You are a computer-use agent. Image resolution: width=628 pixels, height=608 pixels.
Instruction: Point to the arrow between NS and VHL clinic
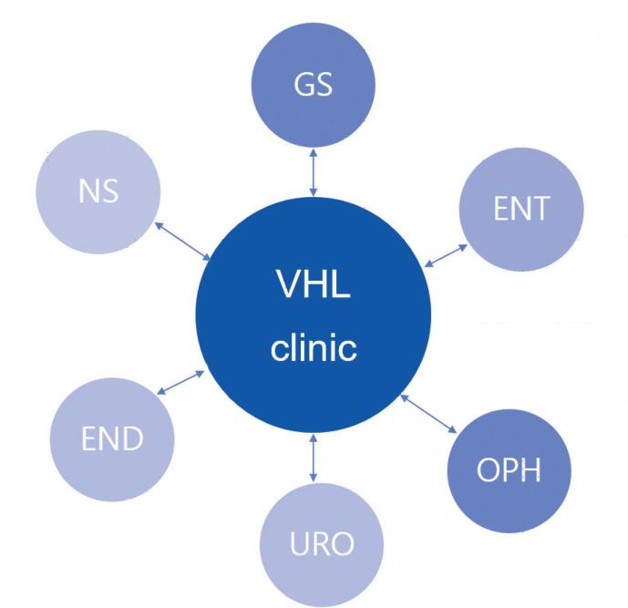coord(184,240)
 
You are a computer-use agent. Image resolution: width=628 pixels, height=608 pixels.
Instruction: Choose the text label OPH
coord(510,473)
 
